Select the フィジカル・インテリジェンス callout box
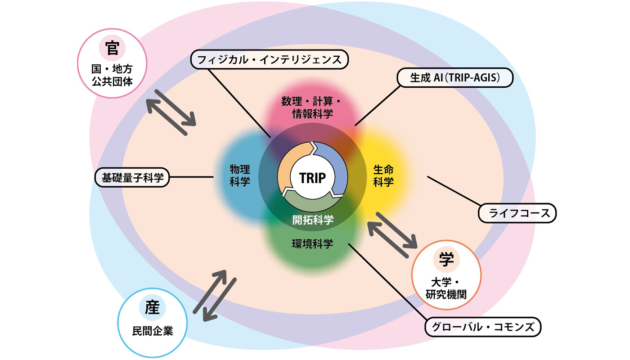[x=270, y=59]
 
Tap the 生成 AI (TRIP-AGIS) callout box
[x=455, y=77]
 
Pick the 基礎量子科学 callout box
[x=132, y=177]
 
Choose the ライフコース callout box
[x=517, y=213]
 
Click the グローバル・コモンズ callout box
[x=483, y=327]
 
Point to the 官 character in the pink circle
[x=112, y=48]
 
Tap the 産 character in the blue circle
[x=152, y=308]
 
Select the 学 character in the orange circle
[x=446, y=260]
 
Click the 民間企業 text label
[x=153, y=332]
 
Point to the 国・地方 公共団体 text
[x=112, y=75]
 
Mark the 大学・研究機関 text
[x=446, y=288]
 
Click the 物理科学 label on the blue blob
[x=240, y=175]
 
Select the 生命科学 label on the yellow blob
[x=383, y=175]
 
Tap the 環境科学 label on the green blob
[x=312, y=244]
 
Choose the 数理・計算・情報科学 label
[x=312, y=107]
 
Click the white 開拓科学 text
[x=313, y=220]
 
